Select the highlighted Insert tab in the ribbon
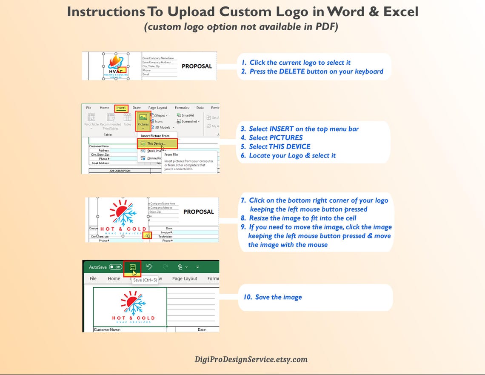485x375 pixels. click(121, 108)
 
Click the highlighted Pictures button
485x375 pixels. click(143, 120)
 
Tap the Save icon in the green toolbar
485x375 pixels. click(132, 267)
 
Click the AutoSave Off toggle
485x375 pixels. click(115, 267)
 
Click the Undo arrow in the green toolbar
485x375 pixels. click(149, 267)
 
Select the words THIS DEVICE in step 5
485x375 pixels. click(289, 146)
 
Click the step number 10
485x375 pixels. click(248, 297)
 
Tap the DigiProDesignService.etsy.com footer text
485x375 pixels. click(251, 359)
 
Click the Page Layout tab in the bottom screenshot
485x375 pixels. click(185, 279)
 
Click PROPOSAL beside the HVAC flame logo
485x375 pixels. click(197, 66)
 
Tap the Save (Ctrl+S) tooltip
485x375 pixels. click(145, 280)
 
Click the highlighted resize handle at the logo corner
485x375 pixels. click(147, 235)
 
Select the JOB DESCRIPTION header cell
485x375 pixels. click(120, 171)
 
